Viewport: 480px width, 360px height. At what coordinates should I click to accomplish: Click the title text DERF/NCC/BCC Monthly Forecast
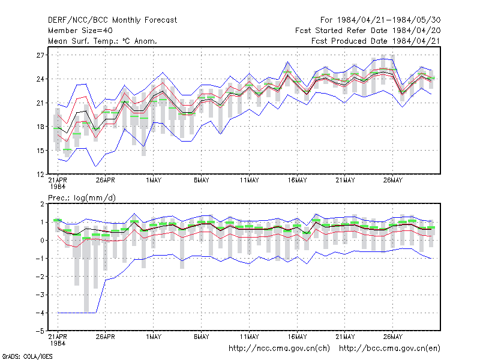coord(112,20)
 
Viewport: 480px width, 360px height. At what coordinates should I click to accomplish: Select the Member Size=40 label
coord(80,31)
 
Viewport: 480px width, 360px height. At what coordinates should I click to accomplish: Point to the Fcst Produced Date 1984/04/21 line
coord(376,41)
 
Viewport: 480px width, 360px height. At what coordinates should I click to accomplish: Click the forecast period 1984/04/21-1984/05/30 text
coord(389,20)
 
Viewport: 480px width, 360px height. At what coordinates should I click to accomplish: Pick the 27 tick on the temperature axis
coord(40,55)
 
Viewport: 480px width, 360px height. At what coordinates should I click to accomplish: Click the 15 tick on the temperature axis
coord(40,151)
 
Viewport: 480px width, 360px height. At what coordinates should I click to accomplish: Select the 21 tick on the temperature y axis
coord(40,103)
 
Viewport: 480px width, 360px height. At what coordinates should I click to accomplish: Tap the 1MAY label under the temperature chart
coord(154,181)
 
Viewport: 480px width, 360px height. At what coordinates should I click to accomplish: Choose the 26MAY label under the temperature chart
coord(393,181)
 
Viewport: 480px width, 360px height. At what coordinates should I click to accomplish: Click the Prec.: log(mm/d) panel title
coord(82,198)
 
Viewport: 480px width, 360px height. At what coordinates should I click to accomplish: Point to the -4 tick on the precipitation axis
coord(40,313)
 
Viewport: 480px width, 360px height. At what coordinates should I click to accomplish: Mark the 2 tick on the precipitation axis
coord(42,204)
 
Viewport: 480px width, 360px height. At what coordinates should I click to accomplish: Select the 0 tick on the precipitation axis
coord(42,241)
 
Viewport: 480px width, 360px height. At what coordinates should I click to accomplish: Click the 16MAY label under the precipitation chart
coord(297,337)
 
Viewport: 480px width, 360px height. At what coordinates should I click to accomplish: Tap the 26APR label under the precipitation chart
coord(106,337)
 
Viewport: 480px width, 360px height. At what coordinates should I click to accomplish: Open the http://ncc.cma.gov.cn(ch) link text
coord(279,349)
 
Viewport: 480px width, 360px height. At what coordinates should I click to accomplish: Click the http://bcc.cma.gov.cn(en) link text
coord(389,349)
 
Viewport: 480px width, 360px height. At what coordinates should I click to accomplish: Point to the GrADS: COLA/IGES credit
coord(27,356)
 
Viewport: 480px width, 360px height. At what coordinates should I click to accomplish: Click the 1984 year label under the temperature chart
coord(58,187)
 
